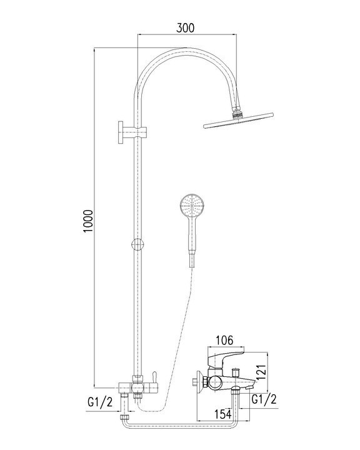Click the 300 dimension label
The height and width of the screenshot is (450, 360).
(185, 28)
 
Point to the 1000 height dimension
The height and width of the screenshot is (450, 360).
(88, 221)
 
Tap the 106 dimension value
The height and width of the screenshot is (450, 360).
(224, 341)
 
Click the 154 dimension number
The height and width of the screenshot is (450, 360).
(222, 414)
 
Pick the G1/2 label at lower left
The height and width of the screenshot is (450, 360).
(100, 402)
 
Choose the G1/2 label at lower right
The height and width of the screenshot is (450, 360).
(264, 399)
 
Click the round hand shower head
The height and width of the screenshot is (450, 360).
(192, 206)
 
